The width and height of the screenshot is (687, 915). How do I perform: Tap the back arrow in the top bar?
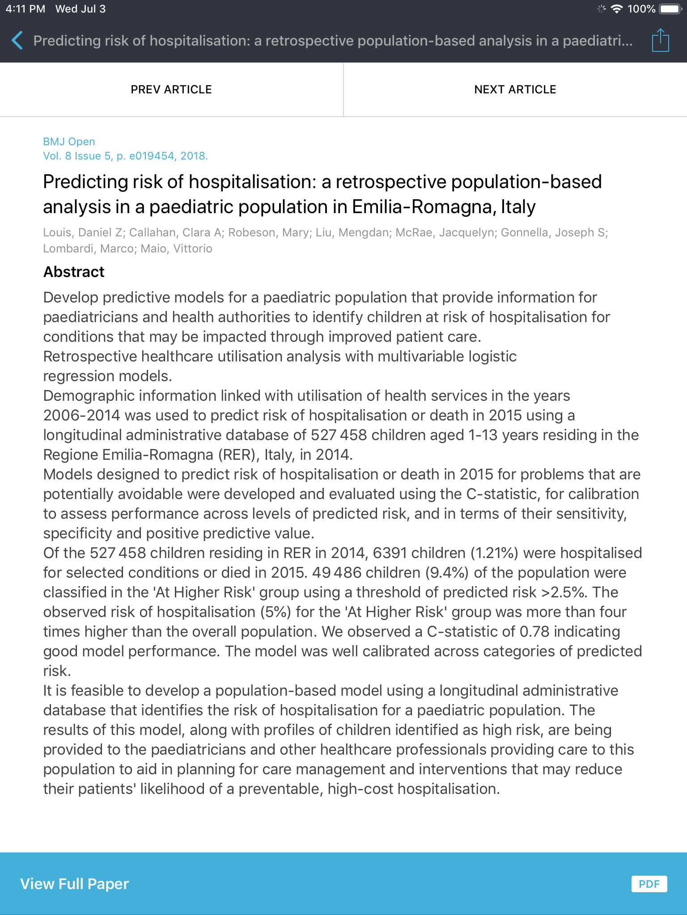tap(17, 41)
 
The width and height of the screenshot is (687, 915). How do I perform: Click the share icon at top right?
tap(660, 41)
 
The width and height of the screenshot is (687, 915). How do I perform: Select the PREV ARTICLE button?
tap(171, 89)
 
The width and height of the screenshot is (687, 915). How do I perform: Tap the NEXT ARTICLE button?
tap(515, 89)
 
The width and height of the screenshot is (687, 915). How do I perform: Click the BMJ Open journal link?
tap(69, 142)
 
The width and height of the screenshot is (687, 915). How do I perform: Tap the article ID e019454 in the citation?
tap(152, 156)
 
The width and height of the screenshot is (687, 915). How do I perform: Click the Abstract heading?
tap(74, 272)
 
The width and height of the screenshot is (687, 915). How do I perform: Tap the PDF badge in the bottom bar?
tap(649, 884)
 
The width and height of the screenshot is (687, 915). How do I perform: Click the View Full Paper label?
tap(75, 884)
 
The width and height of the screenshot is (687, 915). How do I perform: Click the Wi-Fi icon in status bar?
tap(617, 9)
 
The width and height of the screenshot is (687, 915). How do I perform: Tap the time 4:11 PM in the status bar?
tap(25, 9)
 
